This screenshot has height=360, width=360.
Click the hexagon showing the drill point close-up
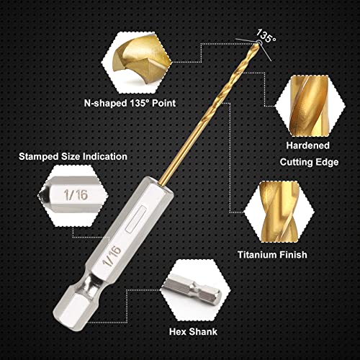[136, 63]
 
